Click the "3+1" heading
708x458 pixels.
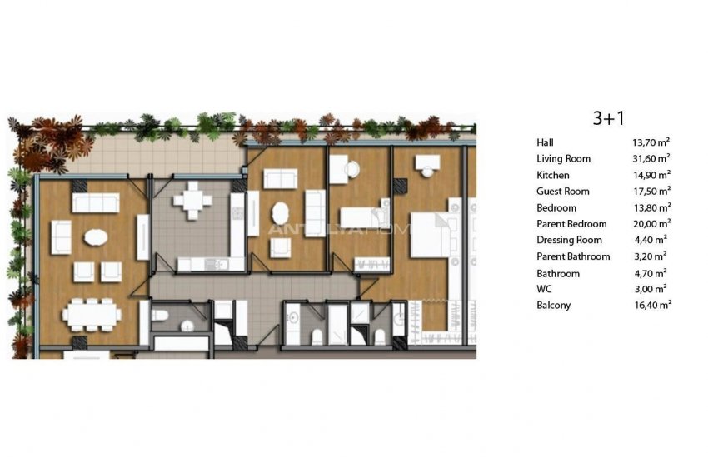(x=608, y=118)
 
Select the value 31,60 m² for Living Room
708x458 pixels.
(x=651, y=158)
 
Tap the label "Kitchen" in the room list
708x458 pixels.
(x=554, y=175)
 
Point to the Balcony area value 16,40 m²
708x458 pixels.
(x=651, y=306)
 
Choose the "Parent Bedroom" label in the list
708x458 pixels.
(x=572, y=224)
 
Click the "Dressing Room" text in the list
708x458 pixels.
(x=570, y=240)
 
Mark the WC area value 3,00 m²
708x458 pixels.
(x=651, y=289)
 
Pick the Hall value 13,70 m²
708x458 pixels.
(x=651, y=142)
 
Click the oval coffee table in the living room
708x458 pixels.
(x=94, y=237)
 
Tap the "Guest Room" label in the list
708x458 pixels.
(x=563, y=192)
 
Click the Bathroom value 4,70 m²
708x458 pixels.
(x=651, y=273)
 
